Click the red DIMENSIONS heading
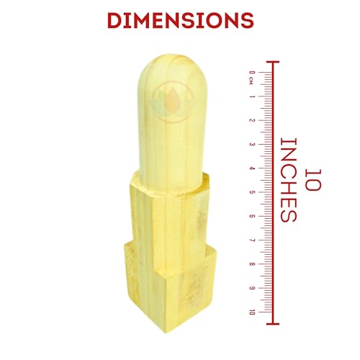(181, 20)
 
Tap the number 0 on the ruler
(252, 72)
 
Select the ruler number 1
(252, 96)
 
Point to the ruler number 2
(252, 120)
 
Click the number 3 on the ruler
(252, 144)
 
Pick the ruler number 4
(252, 168)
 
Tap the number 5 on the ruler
(252, 192)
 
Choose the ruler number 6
(252, 216)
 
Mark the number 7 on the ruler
(252, 240)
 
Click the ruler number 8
(252, 264)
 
